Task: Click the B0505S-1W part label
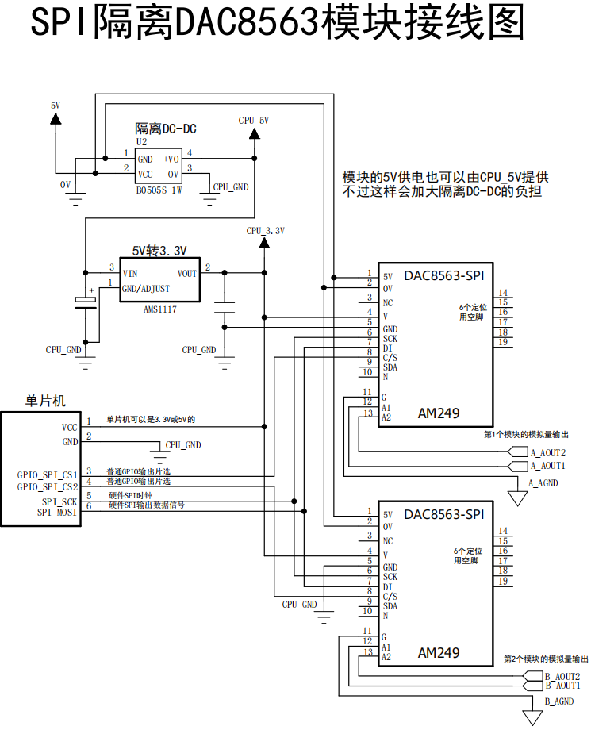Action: (x=159, y=190)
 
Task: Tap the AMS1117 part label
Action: (x=159, y=309)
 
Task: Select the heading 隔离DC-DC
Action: (x=166, y=129)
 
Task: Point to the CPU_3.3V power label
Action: (x=265, y=231)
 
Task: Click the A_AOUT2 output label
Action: (x=548, y=453)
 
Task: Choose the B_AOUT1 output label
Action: (x=562, y=685)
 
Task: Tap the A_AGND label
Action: (x=543, y=482)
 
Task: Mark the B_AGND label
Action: (x=558, y=702)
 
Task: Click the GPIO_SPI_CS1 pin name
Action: (x=48, y=475)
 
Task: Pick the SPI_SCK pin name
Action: (x=59, y=501)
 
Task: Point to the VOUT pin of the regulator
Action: (x=187, y=274)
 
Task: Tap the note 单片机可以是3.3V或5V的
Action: (x=151, y=419)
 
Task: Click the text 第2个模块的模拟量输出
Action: (x=547, y=659)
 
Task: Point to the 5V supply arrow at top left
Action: (x=55, y=118)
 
